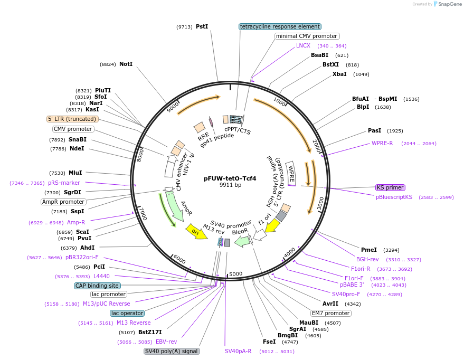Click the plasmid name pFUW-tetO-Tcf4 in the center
(230, 178)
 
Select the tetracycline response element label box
(279, 26)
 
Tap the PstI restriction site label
(202, 26)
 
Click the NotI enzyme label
(126, 64)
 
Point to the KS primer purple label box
(390, 187)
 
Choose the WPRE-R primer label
(382, 143)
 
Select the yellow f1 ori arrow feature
(272, 226)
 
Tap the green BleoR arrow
(242, 241)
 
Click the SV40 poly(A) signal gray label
(172, 351)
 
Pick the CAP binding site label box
(97, 286)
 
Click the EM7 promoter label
(330, 313)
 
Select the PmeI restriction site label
(368, 250)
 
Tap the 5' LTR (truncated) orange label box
(72, 119)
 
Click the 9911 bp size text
(230, 185)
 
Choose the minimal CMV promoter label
(307, 36)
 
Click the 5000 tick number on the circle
(235, 273)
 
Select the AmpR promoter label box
(63, 202)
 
